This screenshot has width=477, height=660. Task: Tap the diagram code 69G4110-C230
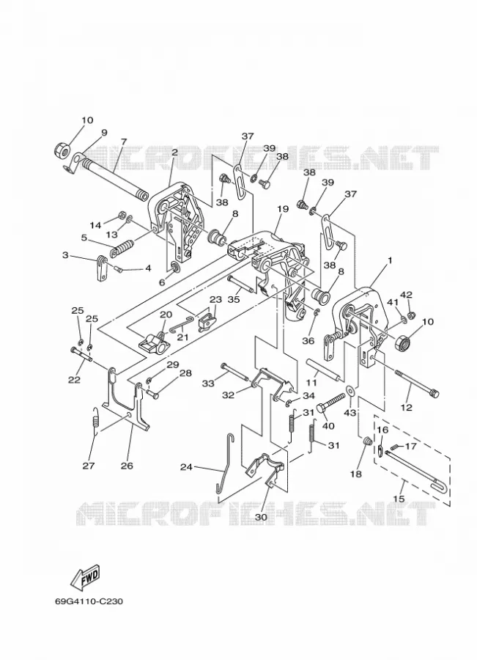pos(89,601)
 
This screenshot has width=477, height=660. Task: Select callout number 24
pos(187,467)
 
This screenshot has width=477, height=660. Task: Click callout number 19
pos(283,209)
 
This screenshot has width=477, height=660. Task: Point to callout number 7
pos(123,142)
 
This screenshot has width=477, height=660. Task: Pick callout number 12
pos(407,407)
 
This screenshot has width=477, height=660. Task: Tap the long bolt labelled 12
pos(416,382)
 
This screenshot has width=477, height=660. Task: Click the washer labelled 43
pos(350,391)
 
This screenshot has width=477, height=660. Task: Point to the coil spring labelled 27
pos(96,422)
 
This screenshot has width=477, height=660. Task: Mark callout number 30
pos(261,516)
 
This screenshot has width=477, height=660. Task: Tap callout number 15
pos(399,499)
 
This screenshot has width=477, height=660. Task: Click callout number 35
pos(234,299)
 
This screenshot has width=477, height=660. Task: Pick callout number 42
pos(406,294)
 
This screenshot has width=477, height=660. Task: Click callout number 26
pos(127,465)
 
